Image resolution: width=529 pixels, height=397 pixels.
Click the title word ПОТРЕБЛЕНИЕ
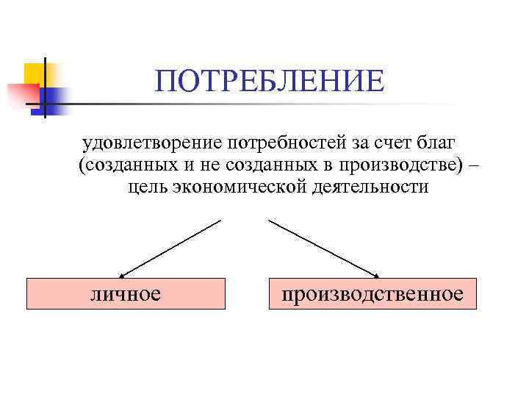[269, 81]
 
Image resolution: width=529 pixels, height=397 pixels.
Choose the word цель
[148, 187]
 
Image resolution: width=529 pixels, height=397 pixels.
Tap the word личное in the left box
[125, 294]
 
